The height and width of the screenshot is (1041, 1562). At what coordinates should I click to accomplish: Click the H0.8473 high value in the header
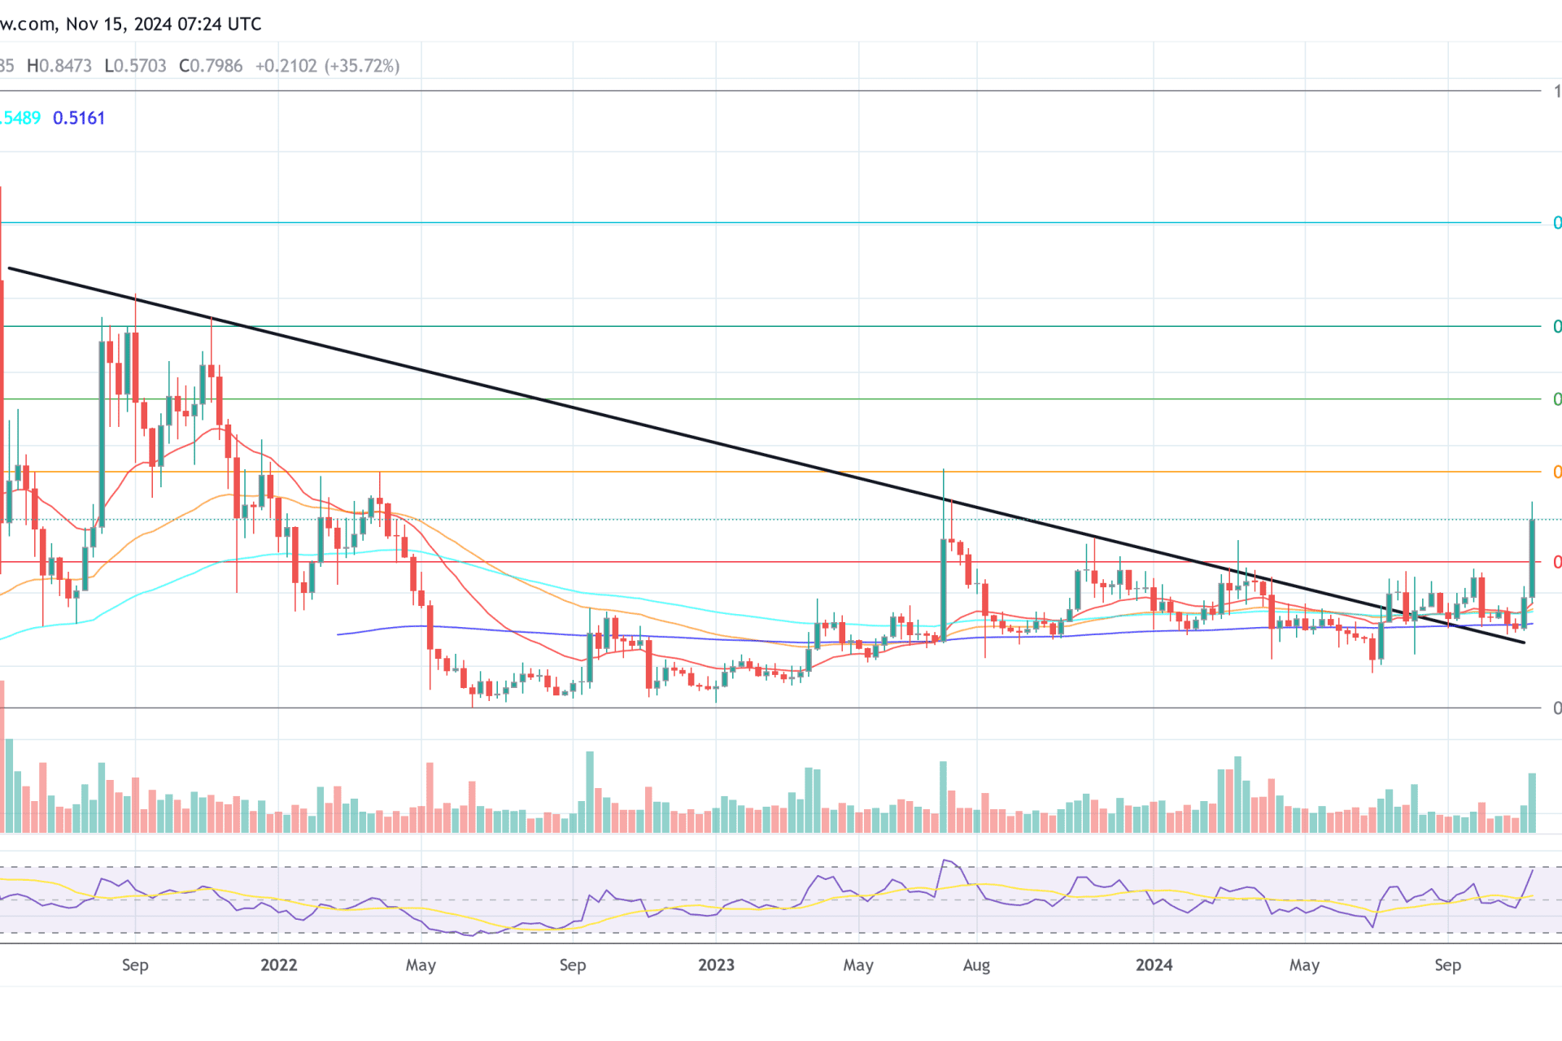coord(59,66)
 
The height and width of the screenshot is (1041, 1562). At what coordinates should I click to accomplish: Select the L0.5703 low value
coord(135,66)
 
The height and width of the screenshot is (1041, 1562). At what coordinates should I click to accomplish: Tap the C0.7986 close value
coord(211,66)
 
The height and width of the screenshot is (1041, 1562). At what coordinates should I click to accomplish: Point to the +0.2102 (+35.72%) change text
coord(327,66)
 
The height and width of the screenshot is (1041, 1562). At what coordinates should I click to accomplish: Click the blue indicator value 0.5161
coord(79,118)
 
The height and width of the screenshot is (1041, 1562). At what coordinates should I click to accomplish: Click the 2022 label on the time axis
coord(278,965)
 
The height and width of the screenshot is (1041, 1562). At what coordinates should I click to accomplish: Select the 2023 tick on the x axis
coord(716,965)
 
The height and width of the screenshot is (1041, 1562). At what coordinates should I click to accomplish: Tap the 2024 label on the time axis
coord(1154,965)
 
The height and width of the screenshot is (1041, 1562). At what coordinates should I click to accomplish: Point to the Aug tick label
coord(976,965)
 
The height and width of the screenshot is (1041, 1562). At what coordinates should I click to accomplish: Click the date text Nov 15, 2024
coord(118,24)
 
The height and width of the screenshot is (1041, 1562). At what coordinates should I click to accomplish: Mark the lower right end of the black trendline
coord(1524,642)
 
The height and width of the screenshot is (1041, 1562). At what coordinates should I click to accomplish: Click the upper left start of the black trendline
coord(10,268)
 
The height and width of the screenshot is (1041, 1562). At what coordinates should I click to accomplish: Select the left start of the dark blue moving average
coord(338,634)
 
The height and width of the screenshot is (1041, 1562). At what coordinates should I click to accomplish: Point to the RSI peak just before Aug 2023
coord(945,860)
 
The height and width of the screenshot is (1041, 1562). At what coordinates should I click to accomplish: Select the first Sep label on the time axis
coord(135,965)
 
